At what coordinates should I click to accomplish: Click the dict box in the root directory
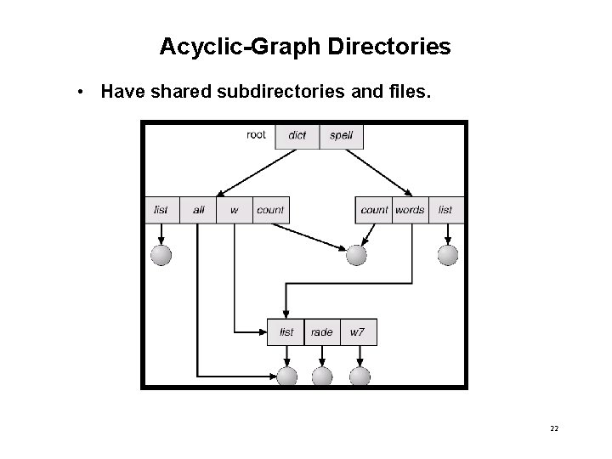(297, 136)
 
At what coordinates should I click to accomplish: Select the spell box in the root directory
(341, 136)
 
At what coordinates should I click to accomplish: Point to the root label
(256, 134)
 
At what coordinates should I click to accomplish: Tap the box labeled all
(198, 210)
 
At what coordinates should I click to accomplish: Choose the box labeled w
(234, 210)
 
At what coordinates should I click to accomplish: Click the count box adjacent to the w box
(270, 210)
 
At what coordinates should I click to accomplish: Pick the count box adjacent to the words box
(374, 210)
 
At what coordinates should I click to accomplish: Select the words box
(410, 210)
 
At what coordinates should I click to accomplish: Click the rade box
(321, 331)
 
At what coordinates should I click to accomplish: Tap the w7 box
(358, 331)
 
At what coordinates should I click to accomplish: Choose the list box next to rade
(286, 331)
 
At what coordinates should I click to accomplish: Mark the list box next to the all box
(161, 210)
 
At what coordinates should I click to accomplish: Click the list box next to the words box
(446, 210)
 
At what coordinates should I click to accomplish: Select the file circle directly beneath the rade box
(322, 377)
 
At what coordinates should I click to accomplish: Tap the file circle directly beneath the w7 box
(360, 377)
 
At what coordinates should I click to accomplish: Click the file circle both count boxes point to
(357, 254)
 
